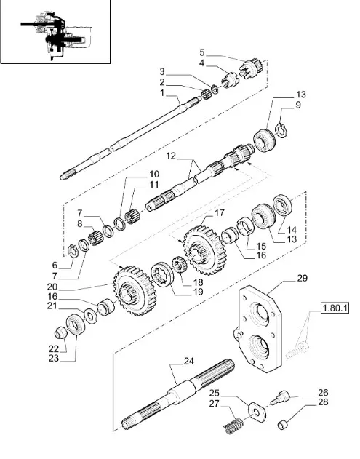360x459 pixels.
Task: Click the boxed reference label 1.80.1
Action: tap(335, 308)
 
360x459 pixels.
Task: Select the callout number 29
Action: tap(303, 278)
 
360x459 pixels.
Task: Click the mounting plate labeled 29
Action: tap(258, 329)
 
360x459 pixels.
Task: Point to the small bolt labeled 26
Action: tap(280, 397)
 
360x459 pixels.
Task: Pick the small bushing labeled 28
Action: tap(282, 424)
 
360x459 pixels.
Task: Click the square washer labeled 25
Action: tap(257, 412)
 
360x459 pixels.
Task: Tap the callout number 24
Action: tap(189, 362)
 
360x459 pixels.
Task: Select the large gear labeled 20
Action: tap(135, 291)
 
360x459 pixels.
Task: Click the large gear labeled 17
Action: tap(205, 250)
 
